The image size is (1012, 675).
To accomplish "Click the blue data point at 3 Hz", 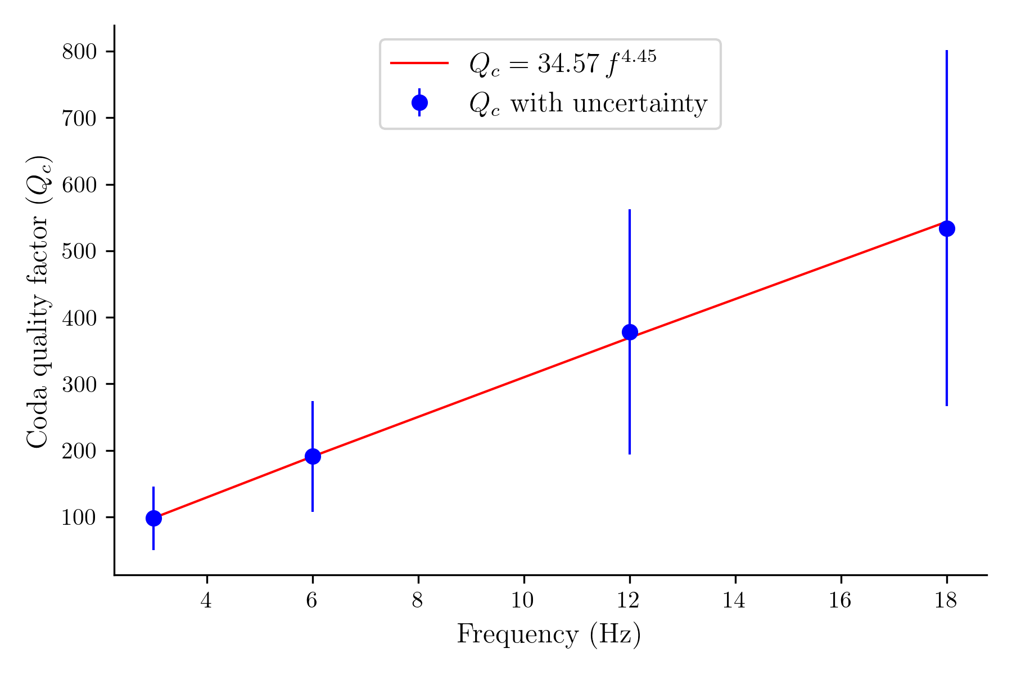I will (x=153, y=518).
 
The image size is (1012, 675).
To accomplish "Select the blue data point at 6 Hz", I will (x=313, y=456).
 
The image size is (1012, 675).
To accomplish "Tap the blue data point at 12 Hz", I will (x=630, y=332).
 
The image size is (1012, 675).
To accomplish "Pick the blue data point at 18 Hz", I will (x=947, y=228).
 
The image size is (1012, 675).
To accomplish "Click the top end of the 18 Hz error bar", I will (x=947, y=51).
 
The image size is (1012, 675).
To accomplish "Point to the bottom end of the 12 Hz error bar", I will (x=630, y=453).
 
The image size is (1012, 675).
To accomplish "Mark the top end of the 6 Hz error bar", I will (x=313, y=402).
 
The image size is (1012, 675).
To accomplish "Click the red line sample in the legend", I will (x=419, y=63).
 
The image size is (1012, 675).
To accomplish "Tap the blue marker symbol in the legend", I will (x=419, y=102).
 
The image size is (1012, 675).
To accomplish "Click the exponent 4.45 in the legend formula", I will (x=638, y=57).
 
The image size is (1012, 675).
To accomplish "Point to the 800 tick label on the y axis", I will (x=79, y=52).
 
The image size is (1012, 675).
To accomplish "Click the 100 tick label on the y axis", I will (x=79, y=517).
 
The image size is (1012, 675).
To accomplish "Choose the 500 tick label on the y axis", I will (x=79, y=251).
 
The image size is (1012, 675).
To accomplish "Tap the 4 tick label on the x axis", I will (x=206, y=601).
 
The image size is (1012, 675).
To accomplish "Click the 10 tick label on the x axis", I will (x=523, y=601).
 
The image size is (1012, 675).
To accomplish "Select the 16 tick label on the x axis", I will (x=841, y=601).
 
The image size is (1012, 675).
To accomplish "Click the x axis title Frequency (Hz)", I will (x=549, y=634).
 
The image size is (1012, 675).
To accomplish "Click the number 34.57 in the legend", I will (x=569, y=64).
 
